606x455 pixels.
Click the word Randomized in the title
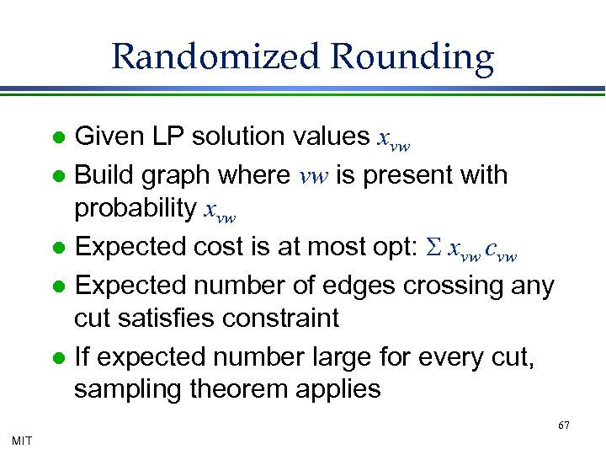[x=216, y=57]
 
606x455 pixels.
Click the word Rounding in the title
[x=412, y=57]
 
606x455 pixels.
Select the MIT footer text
[x=23, y=439]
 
